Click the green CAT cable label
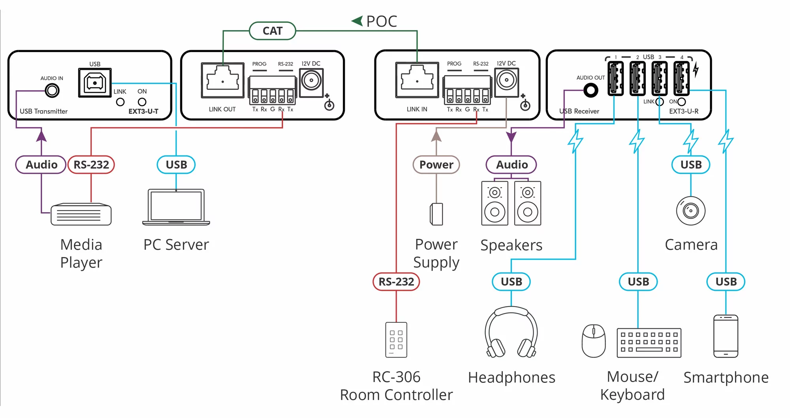[x=273, y=31]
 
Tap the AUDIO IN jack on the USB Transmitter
[x=52, y=90]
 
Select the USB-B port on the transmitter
[x=95, y=83]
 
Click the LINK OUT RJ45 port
[x=223, y=80]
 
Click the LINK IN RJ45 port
[x=417, y=80]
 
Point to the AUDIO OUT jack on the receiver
[x=591, y=91]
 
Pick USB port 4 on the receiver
[x=681, y=78]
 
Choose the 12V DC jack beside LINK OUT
[x=312, y=81]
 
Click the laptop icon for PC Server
[x=176, y=207]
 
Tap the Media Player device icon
[x=81, y=215]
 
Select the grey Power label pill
[x=436, y=165]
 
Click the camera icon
[x=690, y=211]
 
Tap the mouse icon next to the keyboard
[x=594, y=341]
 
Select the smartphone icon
[x=726, y=336]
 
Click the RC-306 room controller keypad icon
[x=396, y=340]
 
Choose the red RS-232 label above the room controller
[x=396, y=282]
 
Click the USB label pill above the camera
[x=691, y=165]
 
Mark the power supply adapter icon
[x=436, y=214]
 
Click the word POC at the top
[x=381, y=21]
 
